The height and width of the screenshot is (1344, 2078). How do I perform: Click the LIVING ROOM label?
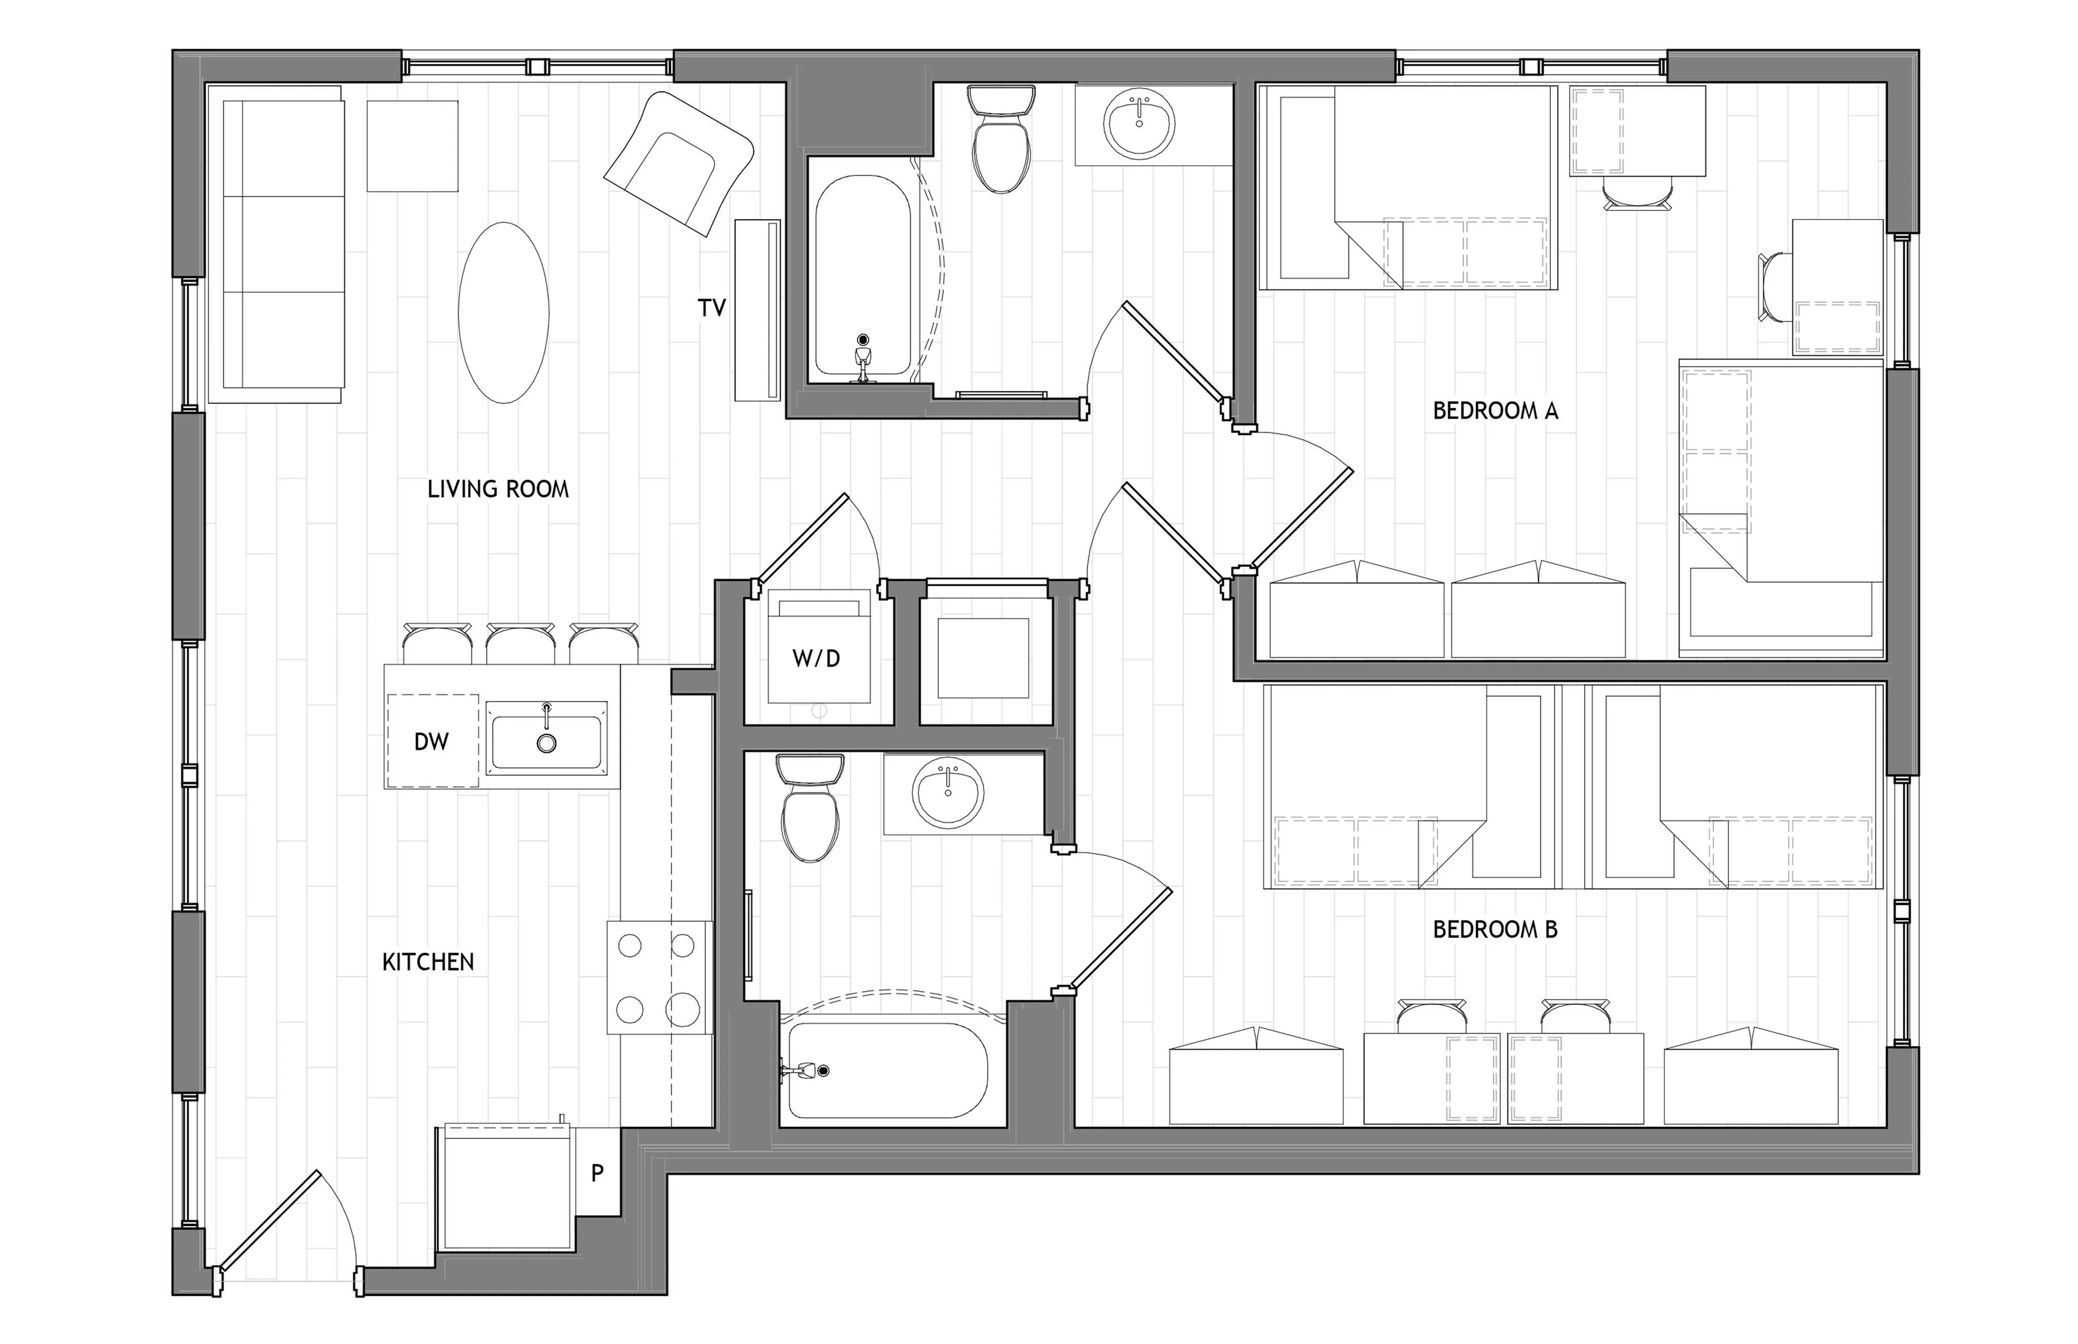pyautogui.click(x=498, y=489)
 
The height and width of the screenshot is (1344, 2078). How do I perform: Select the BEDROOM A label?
pyautogui.click(x=1495, y=410)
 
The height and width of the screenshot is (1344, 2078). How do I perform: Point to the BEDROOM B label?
pyautogui.click(x=1495, y=930)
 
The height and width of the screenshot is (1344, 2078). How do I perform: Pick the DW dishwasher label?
pyautogui.click(x=431, y=742)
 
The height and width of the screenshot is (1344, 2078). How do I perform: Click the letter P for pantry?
pyautogui.click(x=597, y=1173)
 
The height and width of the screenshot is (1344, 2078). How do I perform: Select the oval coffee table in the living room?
pyautogui.click(x=504, y=312)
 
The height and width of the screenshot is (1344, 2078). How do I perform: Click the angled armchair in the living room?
pyautogui.click(x=679, y=163)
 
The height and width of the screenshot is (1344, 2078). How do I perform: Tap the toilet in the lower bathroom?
pyautogui.click(x=810, y=808)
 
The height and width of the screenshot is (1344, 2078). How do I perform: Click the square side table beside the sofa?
pyautogui.click(x=412, y=146)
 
